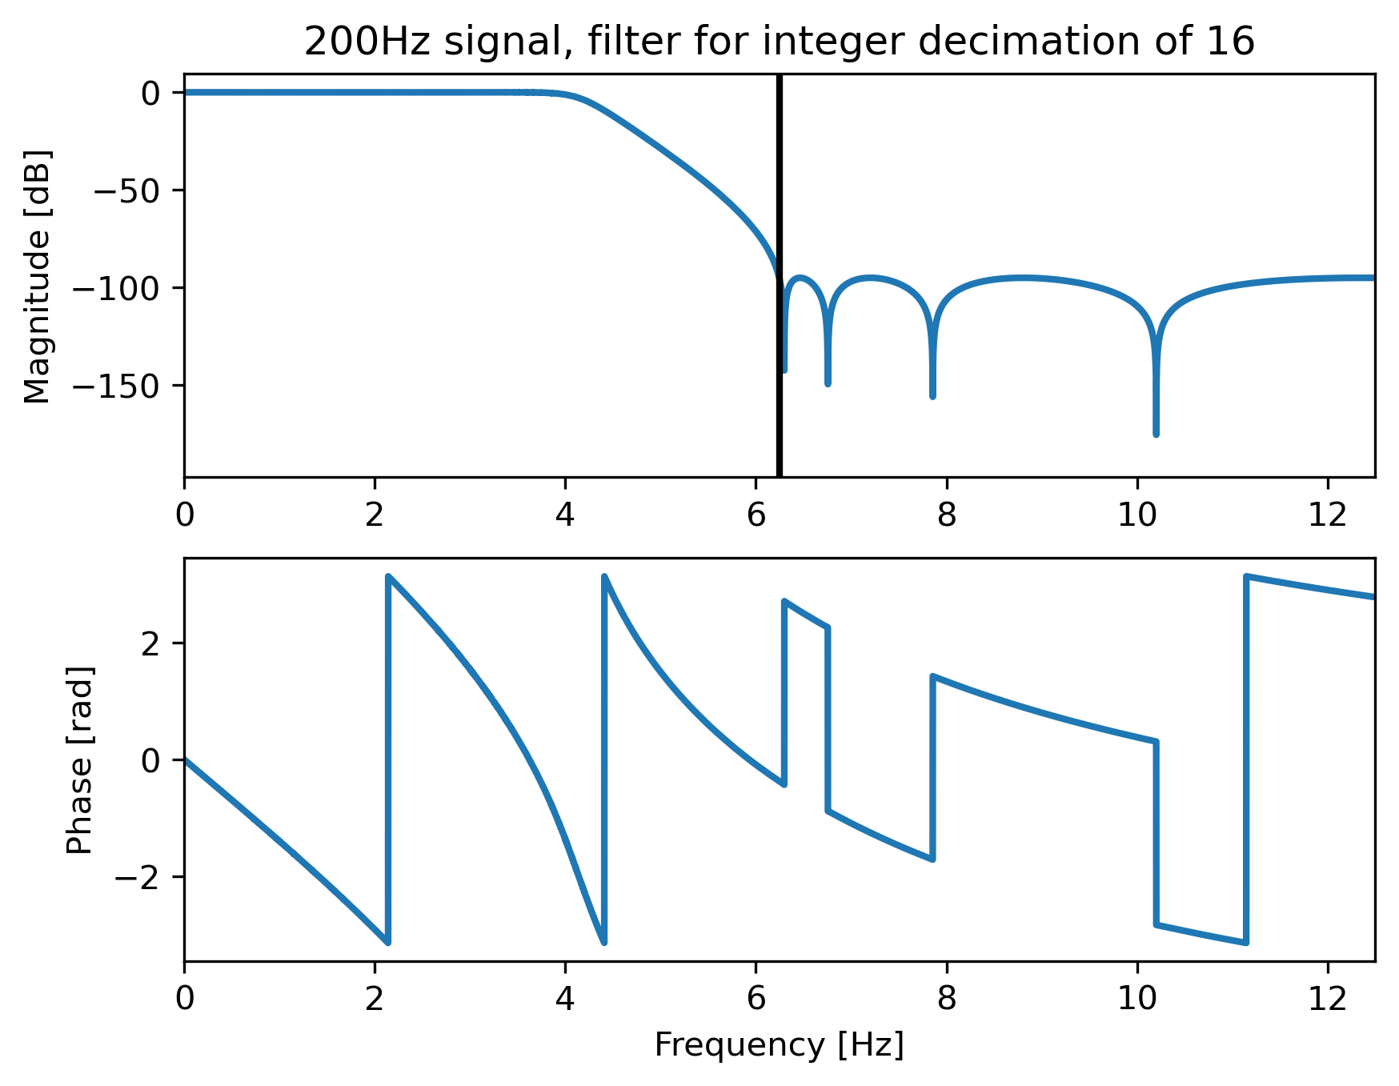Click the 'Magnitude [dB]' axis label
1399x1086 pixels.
pyautogui.click(x=38, y=276)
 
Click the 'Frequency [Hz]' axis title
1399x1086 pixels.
pyautogui.click(x=779, y=1045)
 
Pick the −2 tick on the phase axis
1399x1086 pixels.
pyautogui.click(x=139, y=877)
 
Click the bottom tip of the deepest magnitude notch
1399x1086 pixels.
pyautogui.click(x=1156, y=434)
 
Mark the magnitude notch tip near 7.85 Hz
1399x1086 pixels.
pyautogui.click(x=932, y=396)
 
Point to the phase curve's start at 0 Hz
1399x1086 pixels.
pyautogui.click(x=186, y=759)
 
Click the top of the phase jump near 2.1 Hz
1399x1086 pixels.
pyautogui.click(x=388, y=575)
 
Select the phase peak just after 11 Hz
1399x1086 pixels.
pyautogui.click(x=1246, y=575)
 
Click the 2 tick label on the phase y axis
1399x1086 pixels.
pyautogui.click(x=151, y=643)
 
